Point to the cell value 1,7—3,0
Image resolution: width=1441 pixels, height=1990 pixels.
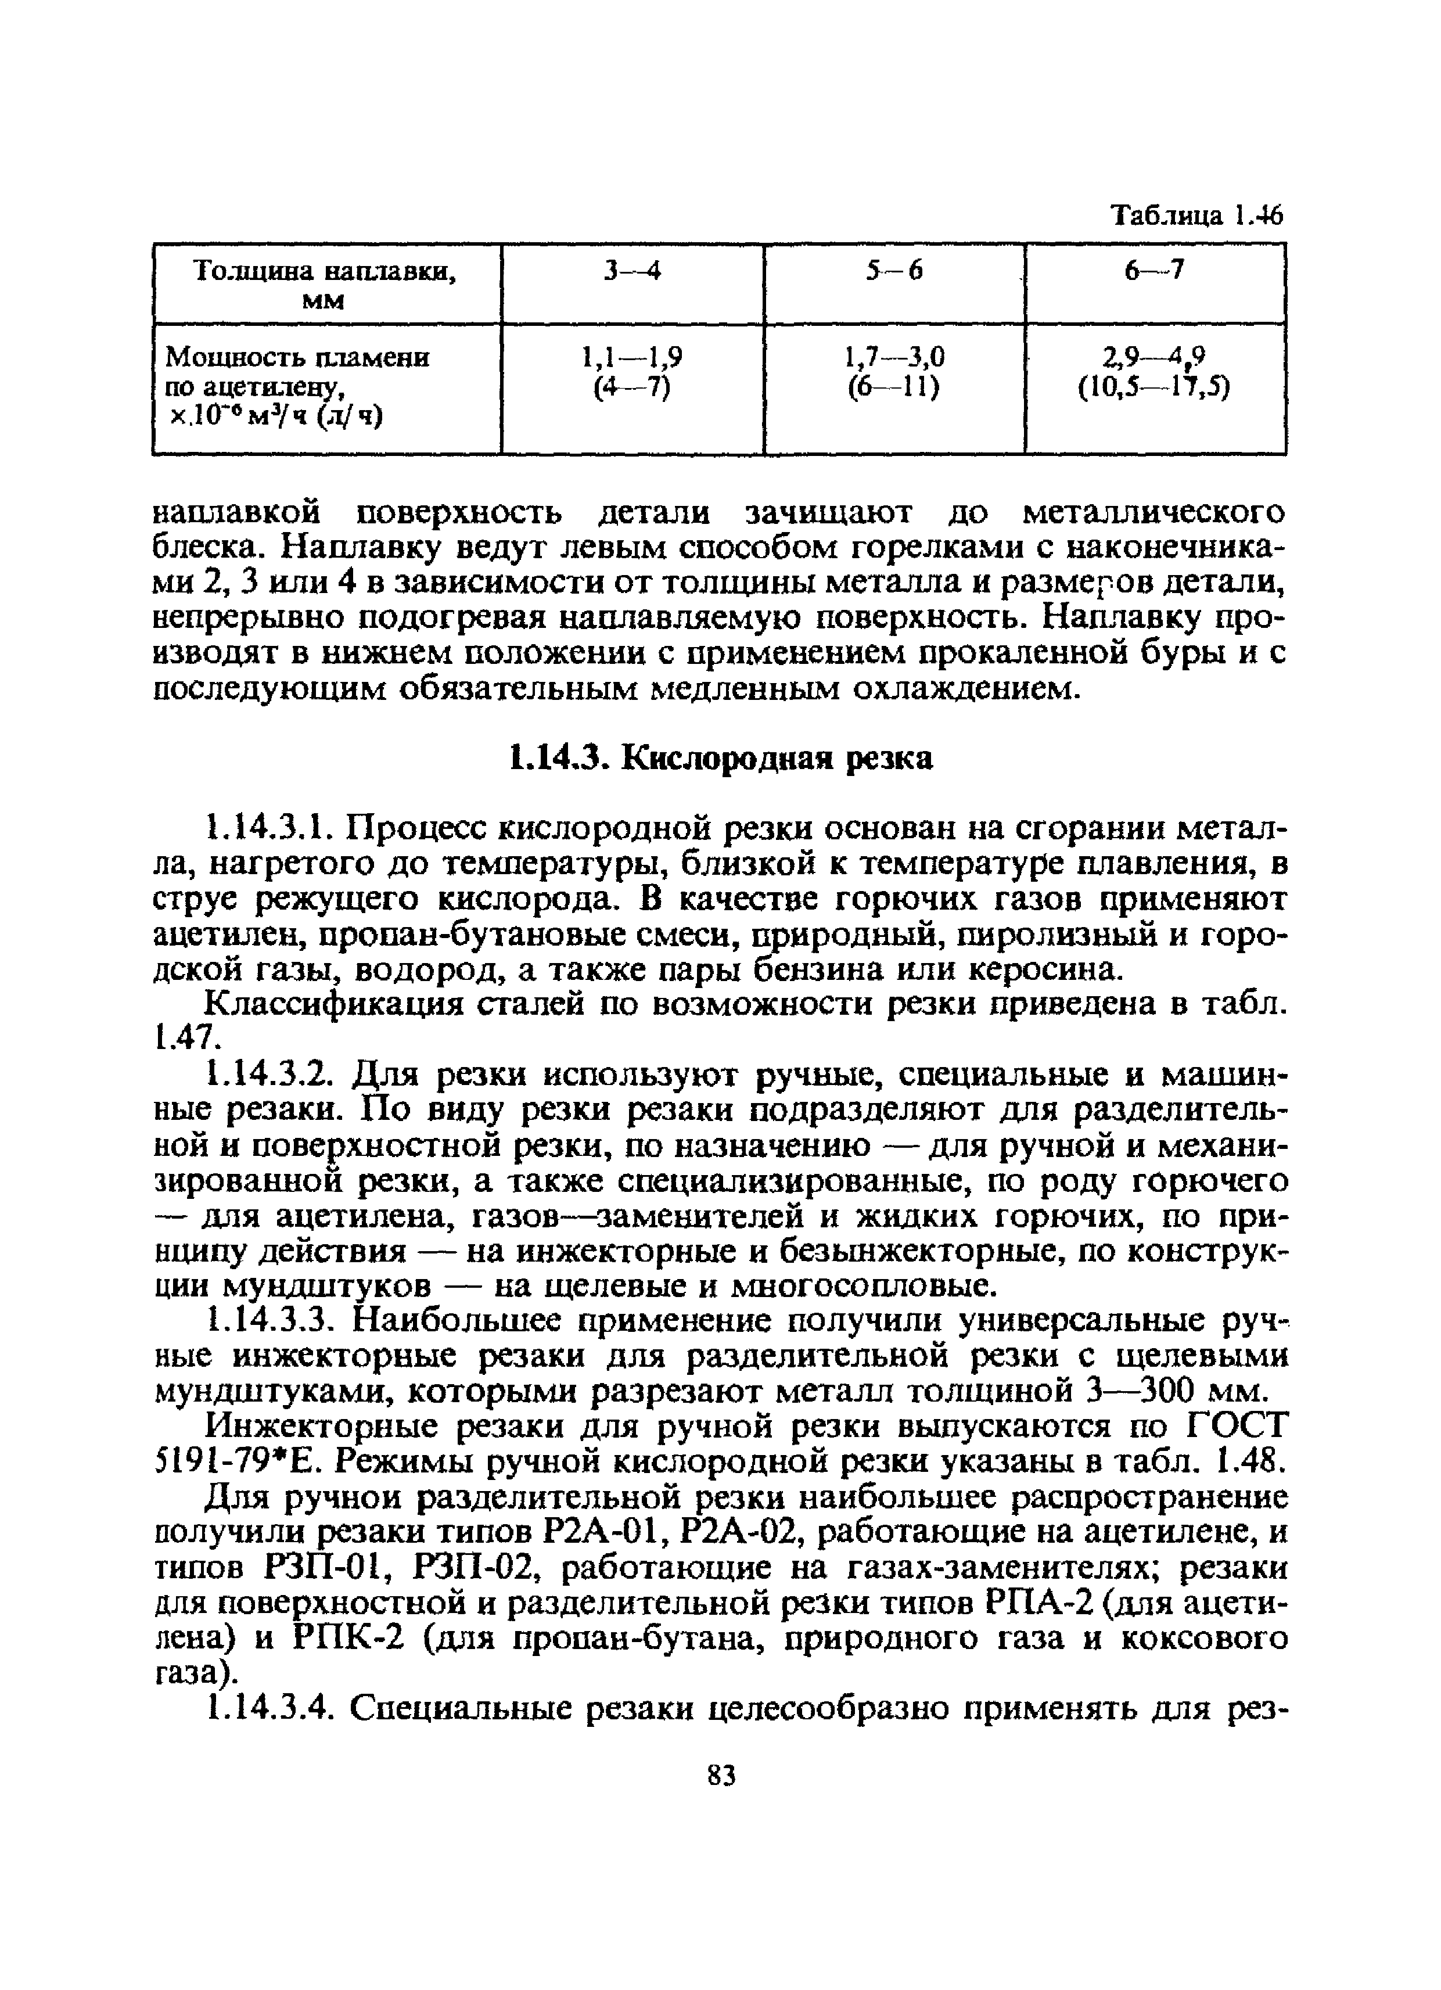(893, 357)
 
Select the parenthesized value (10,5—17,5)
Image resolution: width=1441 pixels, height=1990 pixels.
(1154, 387)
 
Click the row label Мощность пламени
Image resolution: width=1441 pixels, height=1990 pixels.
(299, 358)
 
